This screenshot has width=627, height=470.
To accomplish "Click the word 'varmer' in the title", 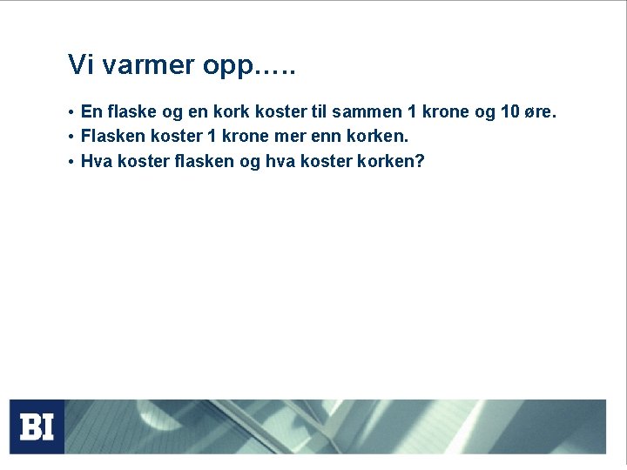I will click(144, 65).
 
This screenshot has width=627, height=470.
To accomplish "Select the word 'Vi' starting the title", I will click(79, 64).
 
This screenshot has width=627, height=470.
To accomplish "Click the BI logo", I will click(37, 426).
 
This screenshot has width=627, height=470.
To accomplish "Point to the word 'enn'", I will click(322, 137).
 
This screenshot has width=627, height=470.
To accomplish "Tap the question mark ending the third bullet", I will click(420, 161).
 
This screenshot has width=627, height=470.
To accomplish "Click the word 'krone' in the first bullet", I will click(444, 112).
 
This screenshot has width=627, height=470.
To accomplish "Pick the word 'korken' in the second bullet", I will click(375, 137).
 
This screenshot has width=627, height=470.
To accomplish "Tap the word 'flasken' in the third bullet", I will click(205, 161).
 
